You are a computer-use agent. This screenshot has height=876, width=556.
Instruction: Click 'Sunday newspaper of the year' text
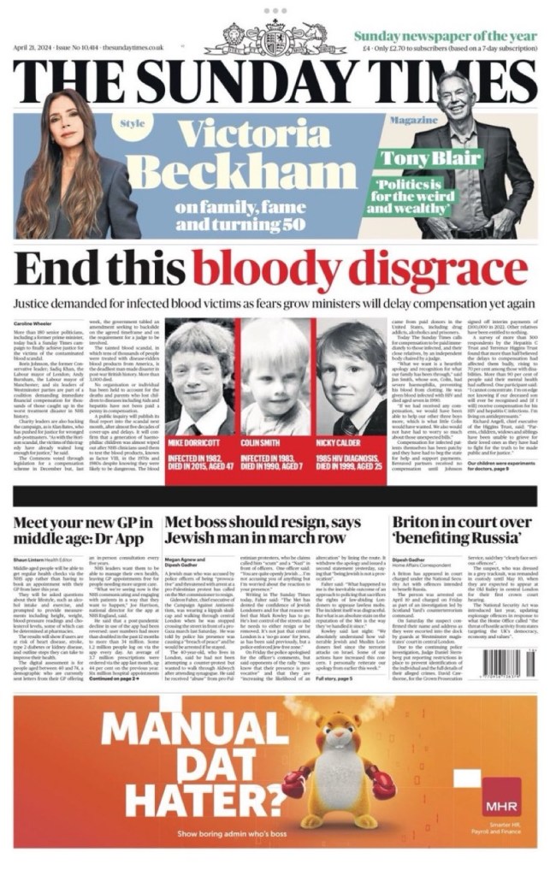(445, 35)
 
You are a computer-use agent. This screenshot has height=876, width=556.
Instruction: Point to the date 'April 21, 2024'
(35, 48)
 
